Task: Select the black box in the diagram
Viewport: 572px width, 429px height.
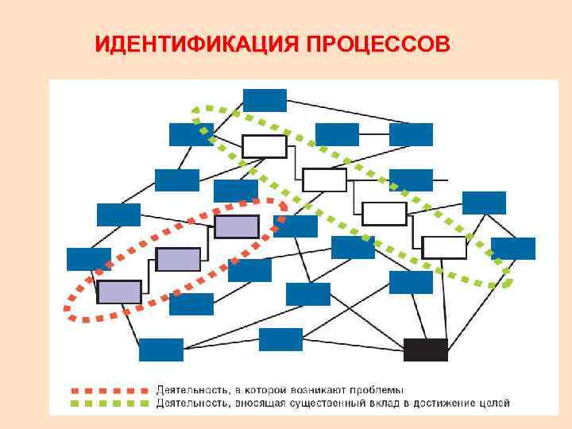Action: [x=425, y=350]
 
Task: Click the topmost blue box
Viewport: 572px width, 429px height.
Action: [x=265, y=100]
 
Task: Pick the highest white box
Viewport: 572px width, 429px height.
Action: [x=264, y=146]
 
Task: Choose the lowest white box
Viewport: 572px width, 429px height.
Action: [x=444, y=247]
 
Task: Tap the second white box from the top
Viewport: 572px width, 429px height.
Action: [x=325, y=180]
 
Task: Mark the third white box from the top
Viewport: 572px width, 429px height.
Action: [x=385, y=213]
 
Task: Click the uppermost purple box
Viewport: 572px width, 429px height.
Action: [x=237, y=226]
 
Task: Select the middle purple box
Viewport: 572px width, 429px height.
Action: [x=178, y=259]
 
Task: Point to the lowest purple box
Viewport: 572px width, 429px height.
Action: [x=119, y=292]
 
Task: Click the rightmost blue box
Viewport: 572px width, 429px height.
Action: [x=513, y=249]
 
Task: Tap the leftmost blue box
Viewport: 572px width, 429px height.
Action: [x=88, y=259]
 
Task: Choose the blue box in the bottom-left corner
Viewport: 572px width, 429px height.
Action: [x=160, y=350]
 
